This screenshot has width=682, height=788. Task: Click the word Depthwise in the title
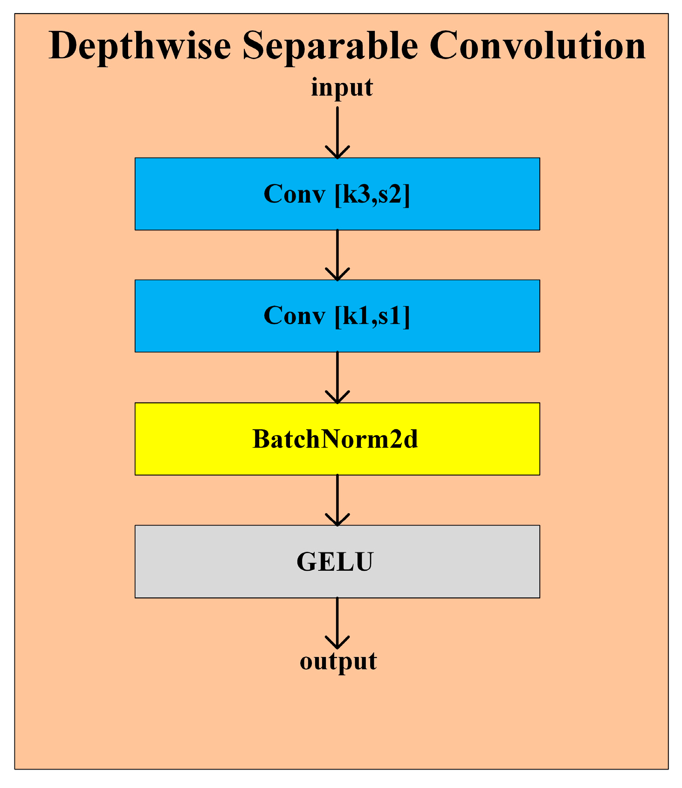[x=140, y=47]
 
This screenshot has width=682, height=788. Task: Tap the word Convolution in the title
[x=537, y=46]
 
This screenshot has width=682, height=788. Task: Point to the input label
[x=342, y=88]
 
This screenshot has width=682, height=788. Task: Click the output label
[x=338, y=662]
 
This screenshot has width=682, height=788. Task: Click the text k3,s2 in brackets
[x=372, y=194]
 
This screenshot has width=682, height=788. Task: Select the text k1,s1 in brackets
[x=372, y=316]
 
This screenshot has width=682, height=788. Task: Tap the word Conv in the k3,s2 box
[x=294, y=194]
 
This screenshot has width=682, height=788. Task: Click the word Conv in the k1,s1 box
[x=294, y=316]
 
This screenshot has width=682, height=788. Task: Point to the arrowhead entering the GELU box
[x=337, y=520]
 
